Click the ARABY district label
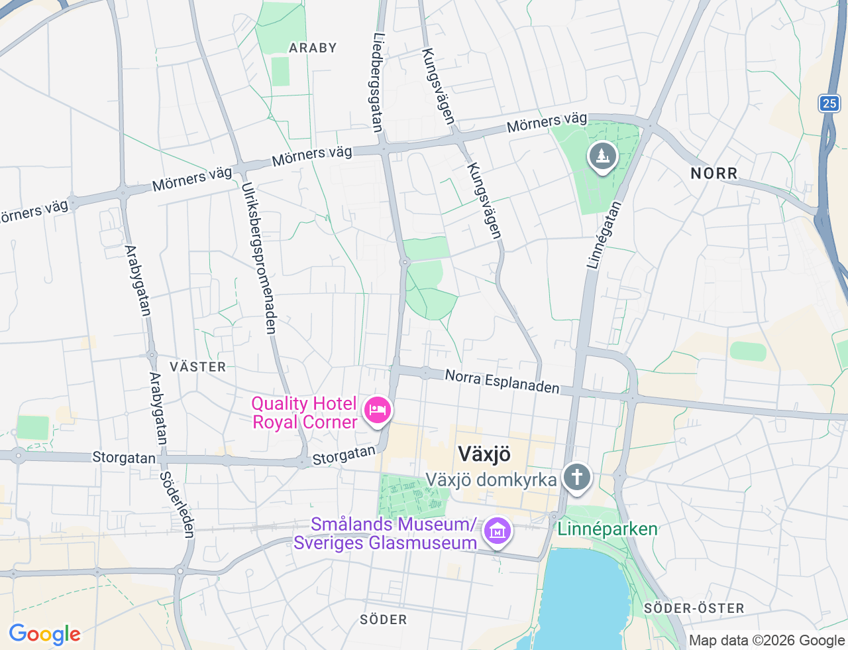(313, 48)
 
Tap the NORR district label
(714, 174)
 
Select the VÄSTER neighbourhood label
(197, 367)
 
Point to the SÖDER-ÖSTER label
(694, 608)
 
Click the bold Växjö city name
(484, 454)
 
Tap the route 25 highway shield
(829, 103)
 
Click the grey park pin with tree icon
(602, 157)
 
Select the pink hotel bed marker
(378, 411)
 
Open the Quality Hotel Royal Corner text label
(305, 413)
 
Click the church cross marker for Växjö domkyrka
(576, 478)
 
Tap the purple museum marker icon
(497, 531)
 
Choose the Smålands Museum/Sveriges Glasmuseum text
(386, 533)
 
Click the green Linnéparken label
(608, 529)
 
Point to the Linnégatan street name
(604, 235)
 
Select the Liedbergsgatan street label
(378, 82)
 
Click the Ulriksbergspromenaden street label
(258, 258)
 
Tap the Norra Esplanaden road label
(502, 381)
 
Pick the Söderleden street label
(178, 505)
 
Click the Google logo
(44, 634)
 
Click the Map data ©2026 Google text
(766, 640)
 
